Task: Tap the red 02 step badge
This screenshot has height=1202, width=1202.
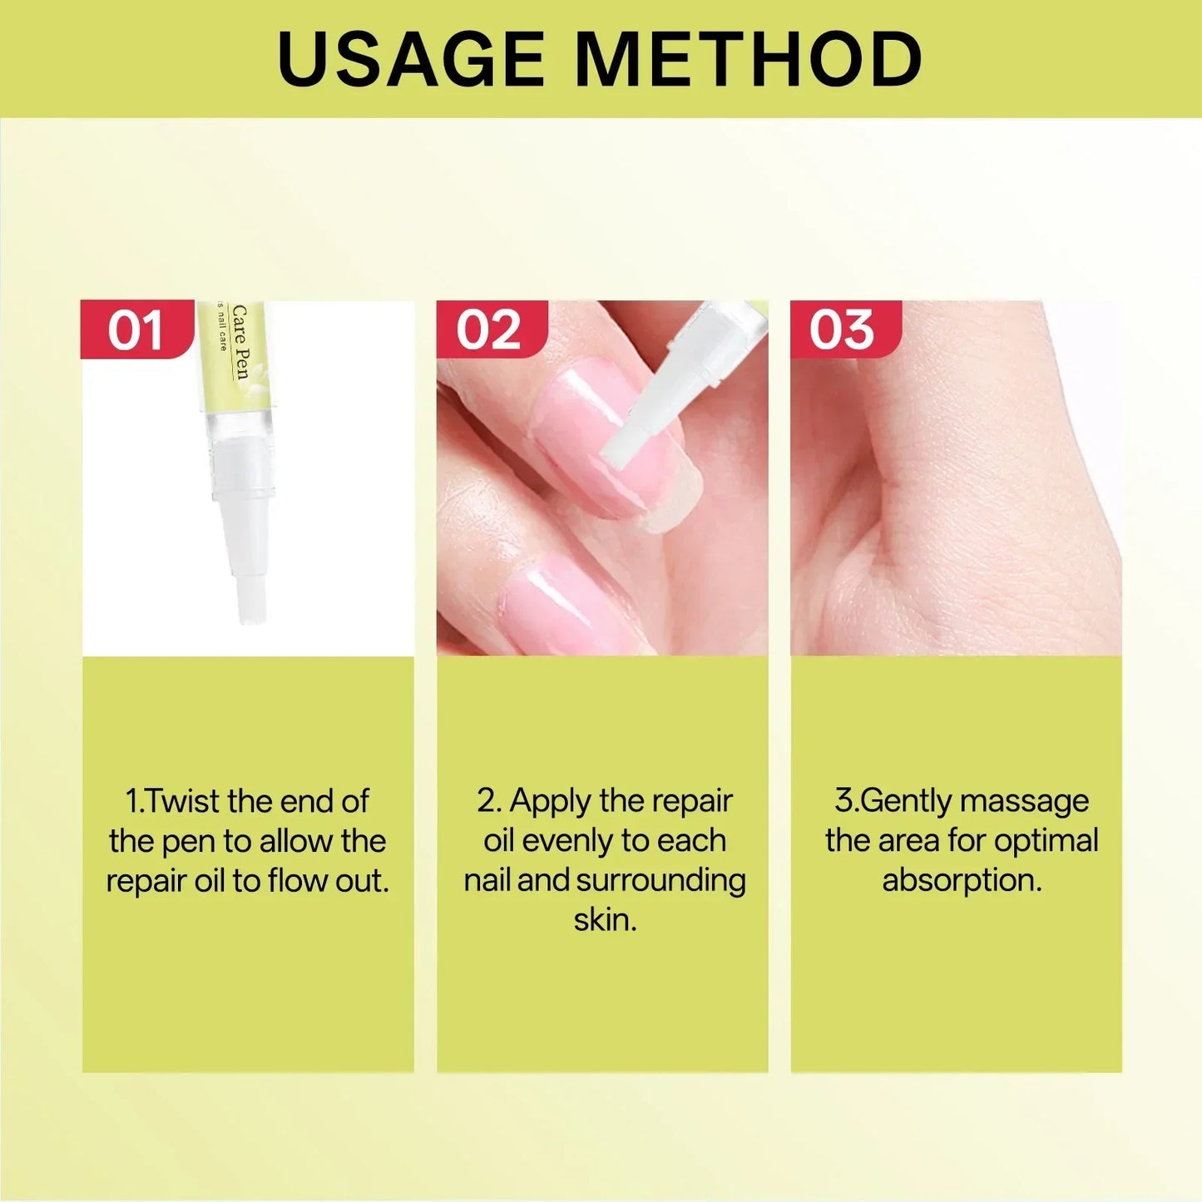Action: tap(490, 330)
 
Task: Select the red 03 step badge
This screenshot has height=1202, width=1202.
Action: tap(843, 330)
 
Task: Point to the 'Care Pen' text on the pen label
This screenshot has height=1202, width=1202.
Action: tap(240, 341)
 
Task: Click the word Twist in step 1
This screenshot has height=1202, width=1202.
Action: tap(184, 801)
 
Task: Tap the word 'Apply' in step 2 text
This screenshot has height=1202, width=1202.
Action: tap(550, 801)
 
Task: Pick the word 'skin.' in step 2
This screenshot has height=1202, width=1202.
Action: tap(605, 920)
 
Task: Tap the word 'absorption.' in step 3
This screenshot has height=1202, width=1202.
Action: tap(962, 881)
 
